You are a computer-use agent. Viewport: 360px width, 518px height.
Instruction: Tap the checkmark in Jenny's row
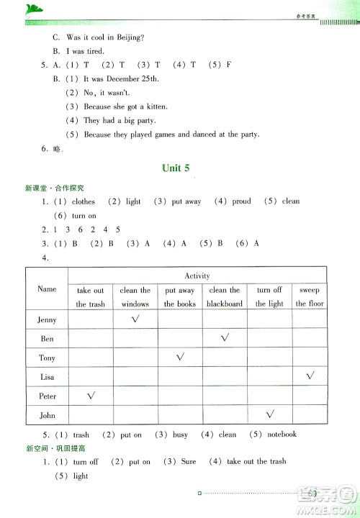coord(135,318)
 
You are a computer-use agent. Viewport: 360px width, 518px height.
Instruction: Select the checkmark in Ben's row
coord(224,337)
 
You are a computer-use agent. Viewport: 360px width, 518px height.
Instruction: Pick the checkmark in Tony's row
coord(179,356)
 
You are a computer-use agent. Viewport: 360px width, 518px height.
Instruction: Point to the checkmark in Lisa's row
coord(310,376)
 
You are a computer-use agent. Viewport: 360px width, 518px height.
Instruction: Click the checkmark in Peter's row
coord(91,395)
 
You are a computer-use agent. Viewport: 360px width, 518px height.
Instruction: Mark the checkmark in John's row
coord(269,414)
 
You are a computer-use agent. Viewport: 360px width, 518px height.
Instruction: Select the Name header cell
coord(47,288)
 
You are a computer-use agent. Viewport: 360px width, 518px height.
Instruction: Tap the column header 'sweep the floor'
coord(310,296)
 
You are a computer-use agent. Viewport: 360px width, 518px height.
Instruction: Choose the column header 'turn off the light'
coord(269,296)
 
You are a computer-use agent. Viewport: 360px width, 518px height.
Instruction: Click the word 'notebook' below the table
coord(280,434)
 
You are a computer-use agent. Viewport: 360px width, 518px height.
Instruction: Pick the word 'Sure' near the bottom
coord(186,462)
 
